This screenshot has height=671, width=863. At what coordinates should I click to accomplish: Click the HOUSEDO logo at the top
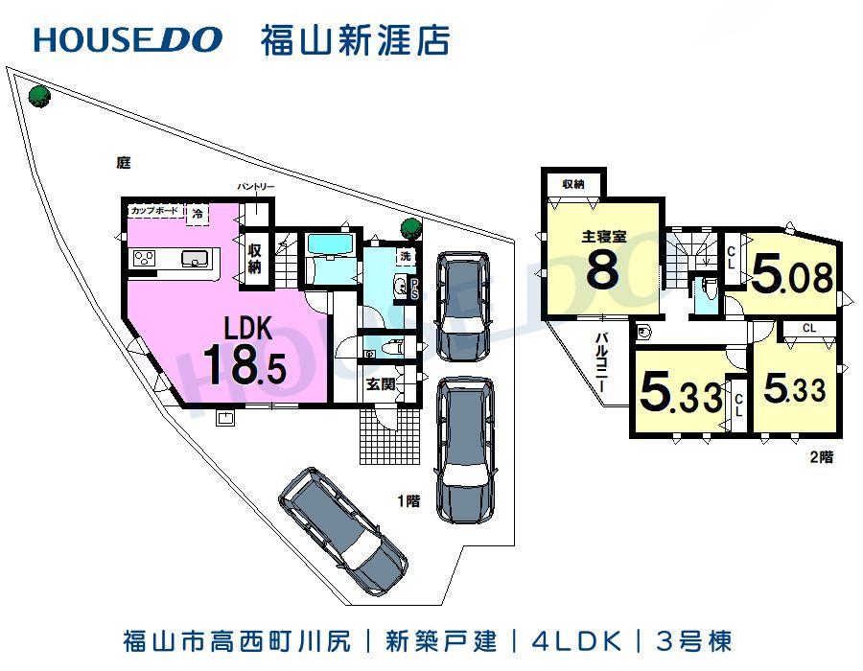pyautogui.click(x=128, y=39)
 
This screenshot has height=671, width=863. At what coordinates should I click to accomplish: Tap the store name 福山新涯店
pyautogui.click(x=355, y=39)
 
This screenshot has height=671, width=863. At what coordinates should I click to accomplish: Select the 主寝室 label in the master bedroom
pyautogui.click(x=603, y=235)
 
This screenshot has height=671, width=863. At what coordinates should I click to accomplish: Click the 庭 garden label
pyautogui.click(x=123, y=163)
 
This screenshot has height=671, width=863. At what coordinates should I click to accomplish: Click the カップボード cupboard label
pyautogui.click(x=154, y=208)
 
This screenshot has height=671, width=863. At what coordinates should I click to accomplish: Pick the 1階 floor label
pyautogui.click(x=410, y=499)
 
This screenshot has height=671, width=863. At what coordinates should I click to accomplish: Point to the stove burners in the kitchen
pyautogui.click(x=146, y=257)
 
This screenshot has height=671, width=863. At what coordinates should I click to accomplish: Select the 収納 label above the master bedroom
pyautogui.click(x=573, y=183)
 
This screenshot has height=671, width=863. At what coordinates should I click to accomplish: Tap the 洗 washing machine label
pyautogui.click(x=406, y=256)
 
